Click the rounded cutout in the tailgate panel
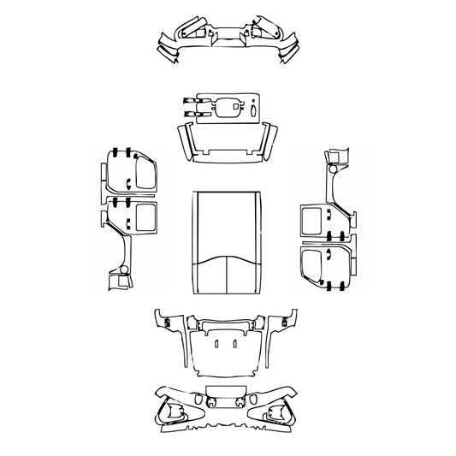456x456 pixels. click(228, 108)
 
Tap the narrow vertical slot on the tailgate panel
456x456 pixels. click(254, 110)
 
